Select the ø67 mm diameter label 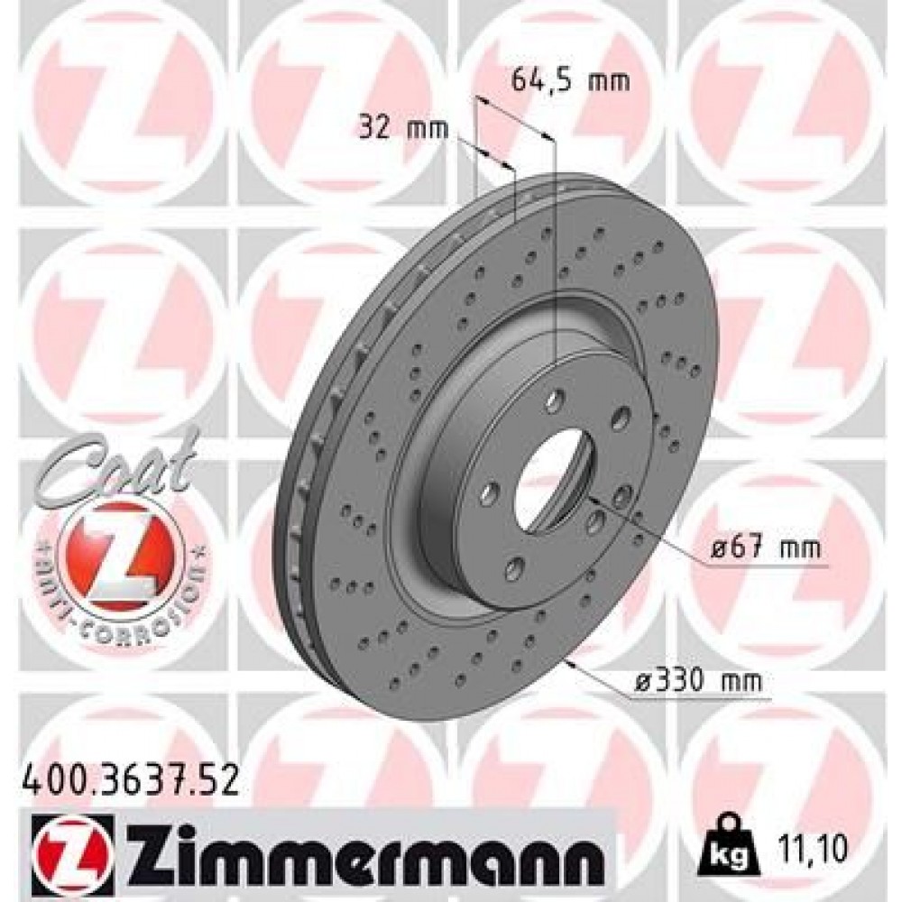766,548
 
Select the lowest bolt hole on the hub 515,568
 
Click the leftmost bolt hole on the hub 490,493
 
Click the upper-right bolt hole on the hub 619,416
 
